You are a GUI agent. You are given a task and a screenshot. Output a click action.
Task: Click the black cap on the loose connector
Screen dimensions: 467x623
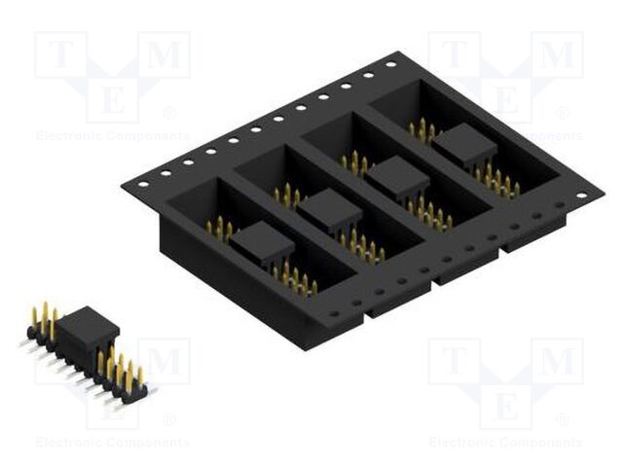[x=91, y=329]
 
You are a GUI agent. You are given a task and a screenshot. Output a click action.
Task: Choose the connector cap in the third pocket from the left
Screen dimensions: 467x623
[x=397, y=178]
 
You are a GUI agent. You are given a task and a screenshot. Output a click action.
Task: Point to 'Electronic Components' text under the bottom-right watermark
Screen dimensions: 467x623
[x=505, y=443]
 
